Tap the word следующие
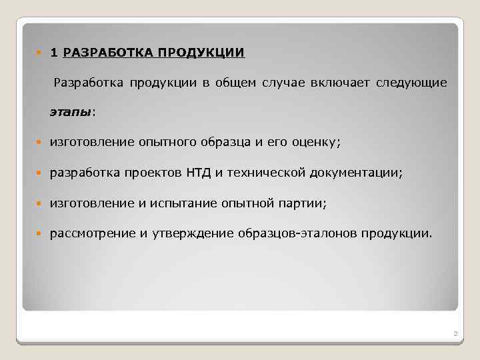(x=411, y=83)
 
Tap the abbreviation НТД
(x=198, y=173)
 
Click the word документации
(x=356, y=173)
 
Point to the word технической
(x=265, y=173)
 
